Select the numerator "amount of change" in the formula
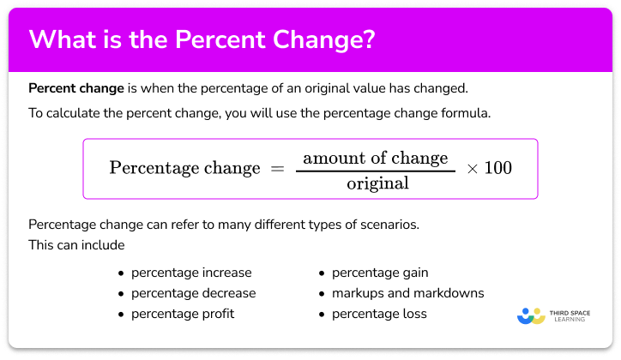pyautogui.click(x=376, y=158)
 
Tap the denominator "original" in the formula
pyautogui.click(x=377, y=183)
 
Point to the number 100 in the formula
pyautogui.click(x=497, y=168)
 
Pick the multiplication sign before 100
pyautogui.click(x=471, y=169)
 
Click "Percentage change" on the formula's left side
pyautogui.click(x=184, y=168)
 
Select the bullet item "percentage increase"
pyautogui.click(x=191, y=273)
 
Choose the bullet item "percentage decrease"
pyautogui.click(x=193, y=293)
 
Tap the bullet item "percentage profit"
pyautogui.click(x=182, y=314)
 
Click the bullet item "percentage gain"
pyautogui.click(x=380, y=273)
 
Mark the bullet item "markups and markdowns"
pyautogui.click(x=407, y=293)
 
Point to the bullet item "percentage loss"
pyautogui.click(x=378, y=314)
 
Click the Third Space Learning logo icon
pyautogui.click(x=532, y=315)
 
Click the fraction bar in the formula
pyautogui.click(x=376, y=170)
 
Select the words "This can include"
pyautogui.click(x=76, y=246)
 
